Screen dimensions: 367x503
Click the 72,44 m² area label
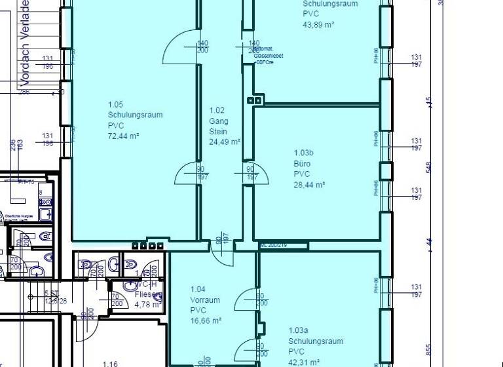[x=123, y=136]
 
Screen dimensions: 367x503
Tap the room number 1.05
[x=115, y=105]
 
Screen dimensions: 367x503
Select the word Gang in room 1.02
[x=217, y=121]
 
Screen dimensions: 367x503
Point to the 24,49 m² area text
[x=225, y=142]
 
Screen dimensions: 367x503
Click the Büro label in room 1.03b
[x=302, y=164]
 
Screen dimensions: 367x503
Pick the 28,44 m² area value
[x=309, y=185]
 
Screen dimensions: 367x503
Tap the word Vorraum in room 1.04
[x=205, y=300]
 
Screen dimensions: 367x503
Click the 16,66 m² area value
[x=206, y=321]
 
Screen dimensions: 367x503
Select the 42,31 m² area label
[x=303, y=362]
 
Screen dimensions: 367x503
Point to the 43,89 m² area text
[x=318, y=24]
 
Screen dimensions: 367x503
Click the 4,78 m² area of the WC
[x=147, y=305]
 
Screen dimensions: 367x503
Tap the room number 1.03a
[x=299, y=331]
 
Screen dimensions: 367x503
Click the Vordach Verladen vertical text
[x=26, y=43]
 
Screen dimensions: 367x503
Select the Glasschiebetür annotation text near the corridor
[x=268, y=56]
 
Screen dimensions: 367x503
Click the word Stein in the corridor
[x=217, y=132]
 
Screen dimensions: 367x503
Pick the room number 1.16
[x=110, y=363]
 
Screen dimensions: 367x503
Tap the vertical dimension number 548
[x=429, y=168]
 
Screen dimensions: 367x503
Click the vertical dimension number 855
[x=429, y=349]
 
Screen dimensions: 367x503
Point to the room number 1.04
[x=198, y=290]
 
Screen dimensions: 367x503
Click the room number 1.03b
[x=305, y=153]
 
